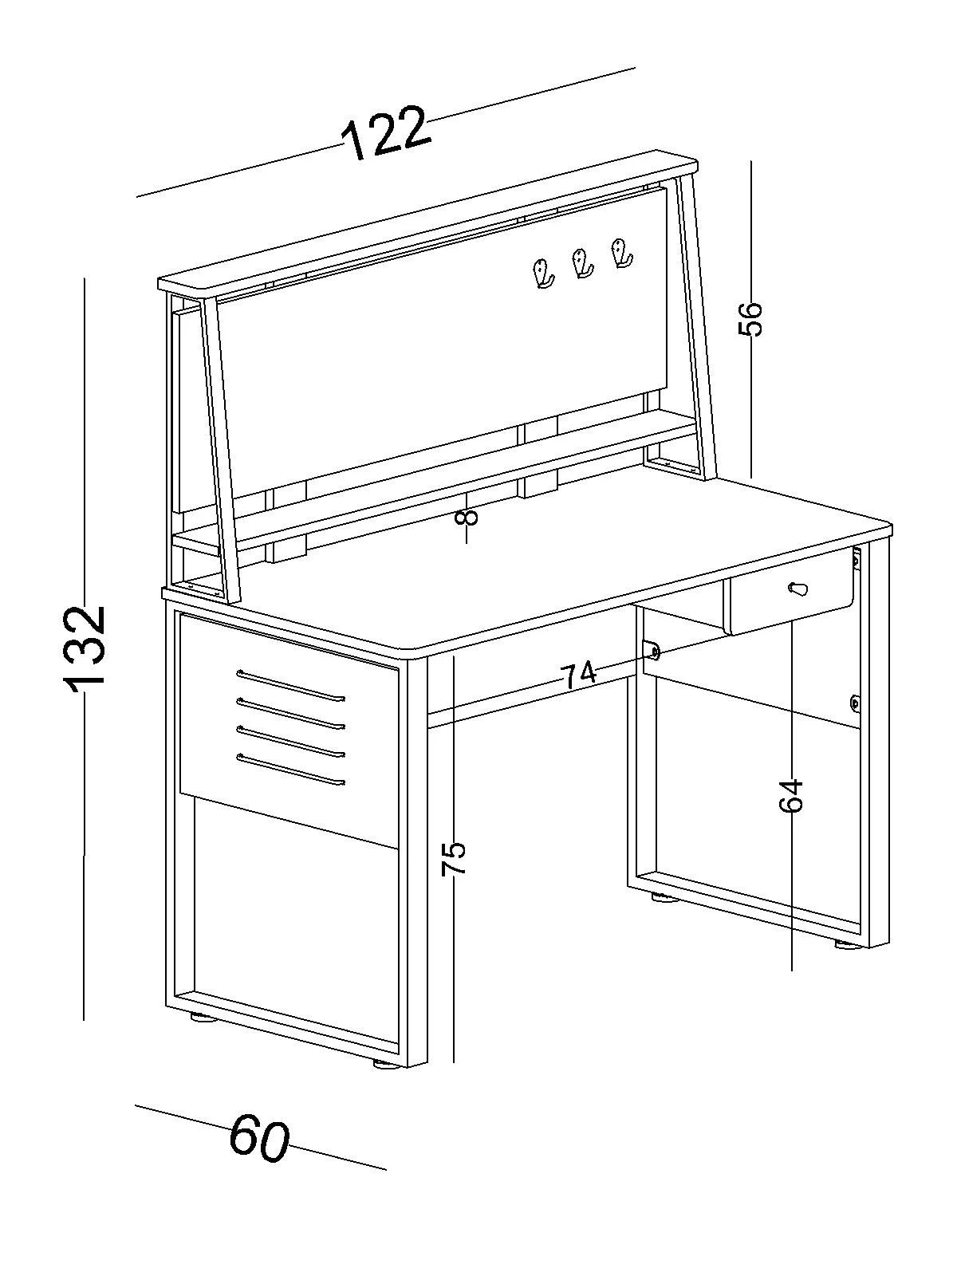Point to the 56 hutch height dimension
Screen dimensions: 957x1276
click(750, 318)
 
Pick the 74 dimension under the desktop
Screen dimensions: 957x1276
click(579, 675)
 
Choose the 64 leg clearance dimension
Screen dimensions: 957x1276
click(791, 795)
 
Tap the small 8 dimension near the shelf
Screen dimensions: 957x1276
click(467, 516)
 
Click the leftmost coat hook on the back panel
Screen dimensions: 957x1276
click(543, 274)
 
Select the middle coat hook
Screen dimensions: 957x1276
click(582, 263)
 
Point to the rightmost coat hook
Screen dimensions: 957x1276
click(621, 254)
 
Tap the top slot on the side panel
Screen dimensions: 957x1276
click(290, 685)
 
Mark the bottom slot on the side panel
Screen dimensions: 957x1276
click(290, 770)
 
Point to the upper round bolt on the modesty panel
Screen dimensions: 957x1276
click(655, 652)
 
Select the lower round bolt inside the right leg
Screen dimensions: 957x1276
click(855, 703)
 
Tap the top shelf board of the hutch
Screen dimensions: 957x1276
click(428, 223)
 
